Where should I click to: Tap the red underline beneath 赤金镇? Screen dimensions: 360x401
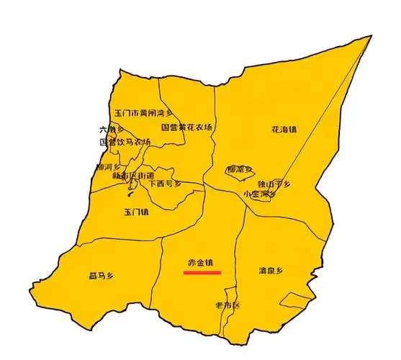click(x=202, y=272)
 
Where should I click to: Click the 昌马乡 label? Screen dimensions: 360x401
click(x=102, y=275)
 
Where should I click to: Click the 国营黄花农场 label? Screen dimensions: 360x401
click(x=186, y=127)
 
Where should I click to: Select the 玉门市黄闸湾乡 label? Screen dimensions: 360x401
click(x=144, y=113)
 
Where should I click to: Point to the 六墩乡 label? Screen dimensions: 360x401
click(x=107, y=130)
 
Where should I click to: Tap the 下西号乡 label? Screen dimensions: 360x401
click(x=165, y=184)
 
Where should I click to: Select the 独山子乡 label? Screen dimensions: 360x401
click(x=274, y=184)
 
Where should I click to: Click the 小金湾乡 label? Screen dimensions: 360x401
click(x=260, y=194)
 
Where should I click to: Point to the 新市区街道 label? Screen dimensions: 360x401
click(x=133, y=175)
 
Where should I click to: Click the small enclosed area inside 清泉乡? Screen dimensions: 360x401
click(x=294, y=300)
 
